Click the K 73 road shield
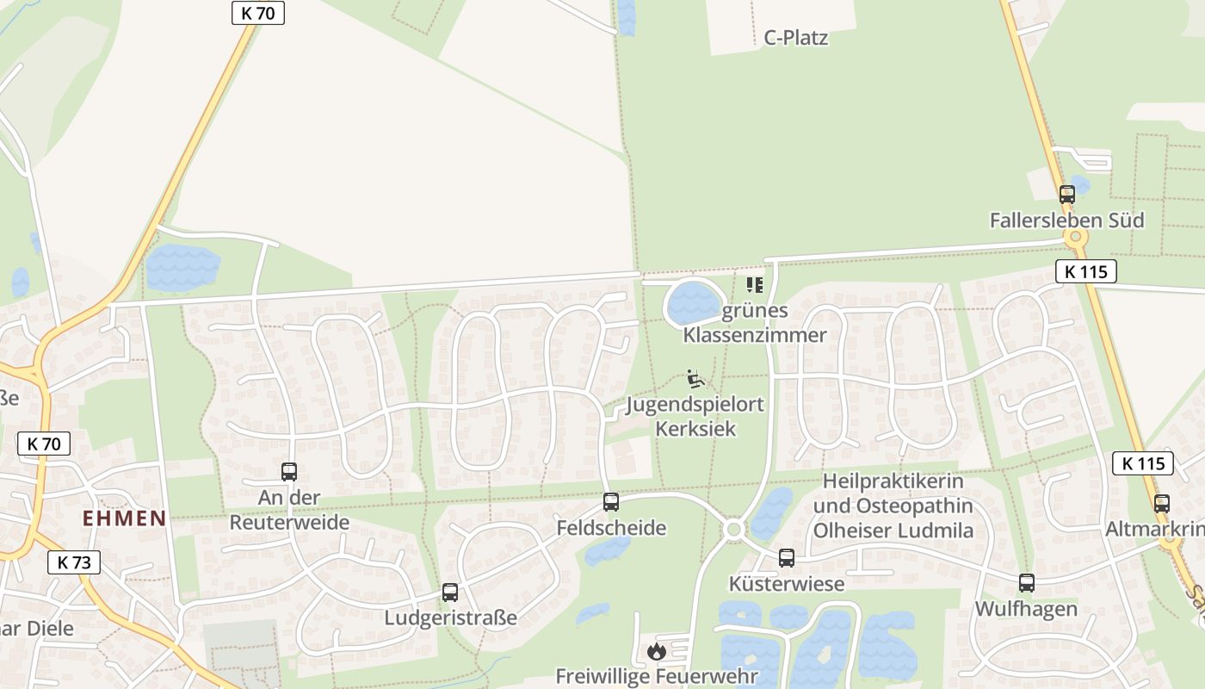point(73,562)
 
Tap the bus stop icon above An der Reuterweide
point(289,472)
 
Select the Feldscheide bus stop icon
point(611,501)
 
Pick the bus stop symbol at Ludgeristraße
point(450,593)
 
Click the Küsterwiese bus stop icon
point(787,558)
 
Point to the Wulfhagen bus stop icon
point(1027,583)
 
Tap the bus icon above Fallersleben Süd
point(1067,195)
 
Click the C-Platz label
point(796,38)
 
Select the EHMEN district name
point(124,518)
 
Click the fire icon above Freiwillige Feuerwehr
point(657,651)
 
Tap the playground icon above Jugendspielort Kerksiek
point(695,379)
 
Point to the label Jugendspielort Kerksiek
point(695,416)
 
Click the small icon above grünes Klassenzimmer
point(755,284)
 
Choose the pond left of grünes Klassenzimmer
point(694,303)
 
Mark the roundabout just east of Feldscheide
point(734,530)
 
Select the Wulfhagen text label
point(1026,609)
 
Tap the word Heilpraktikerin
point(893,481)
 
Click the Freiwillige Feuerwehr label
point(657,676)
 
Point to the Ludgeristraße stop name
point(450,618)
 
